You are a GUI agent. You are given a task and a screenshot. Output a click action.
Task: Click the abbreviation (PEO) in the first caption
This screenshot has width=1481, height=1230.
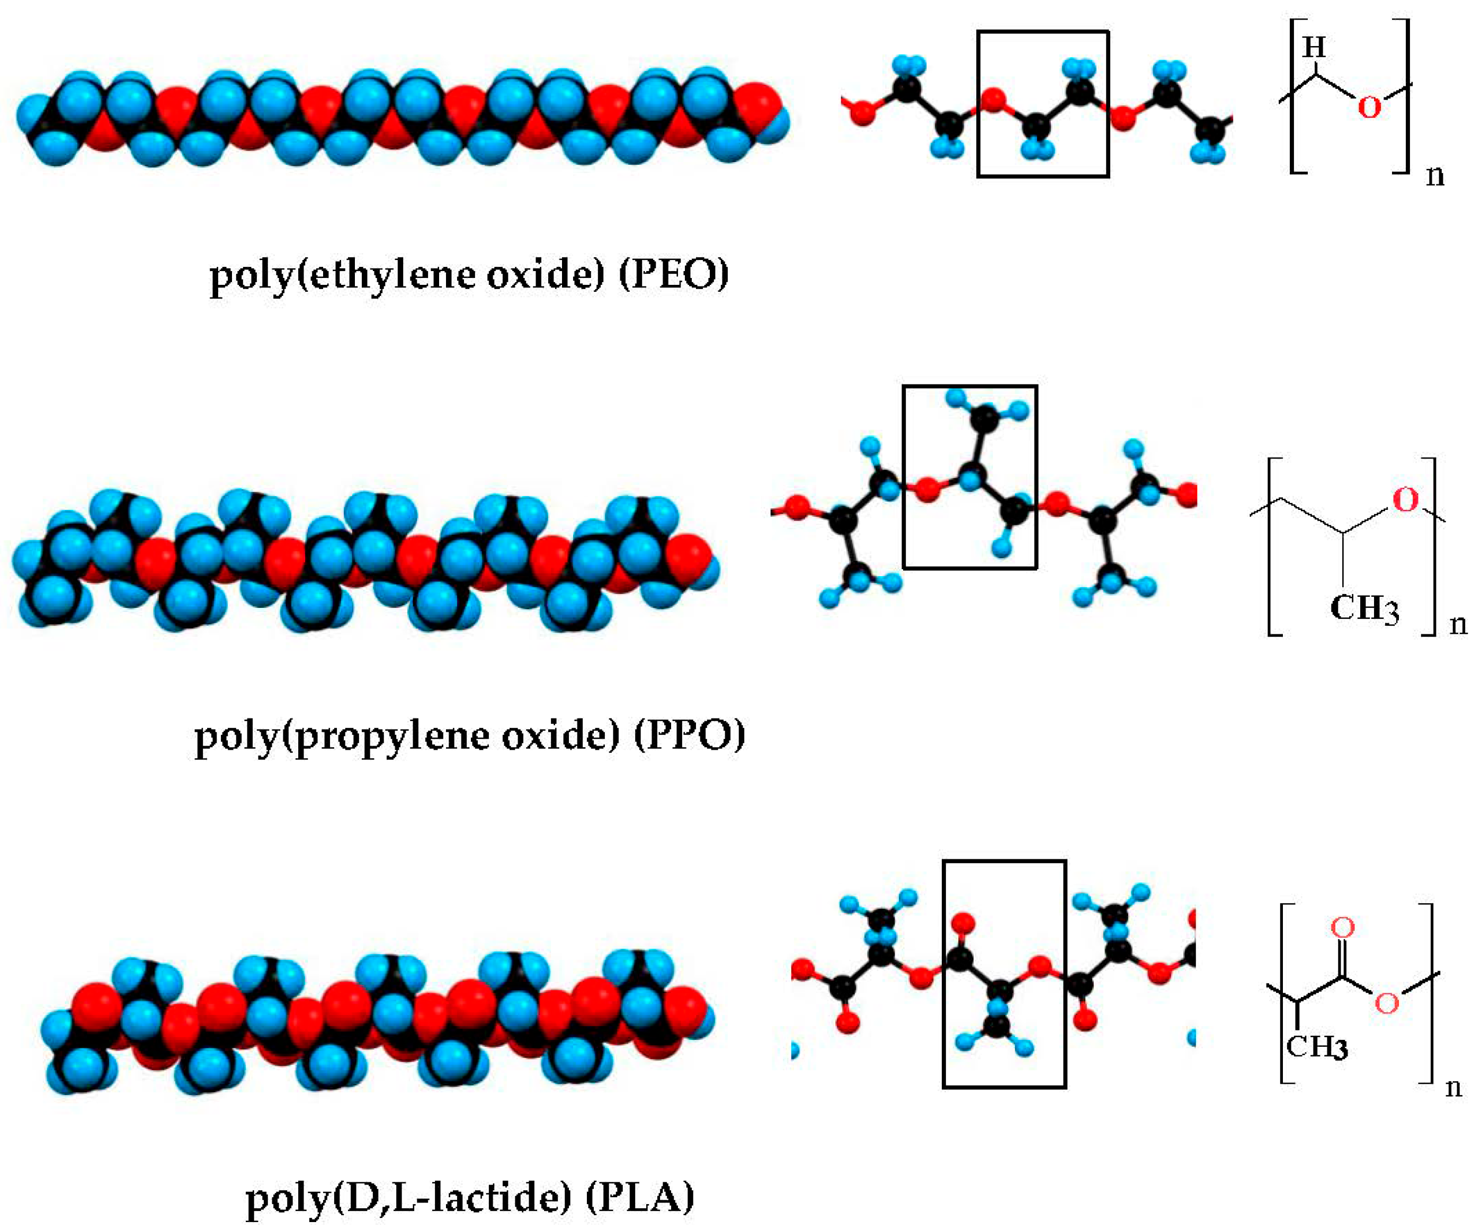click(674, 274)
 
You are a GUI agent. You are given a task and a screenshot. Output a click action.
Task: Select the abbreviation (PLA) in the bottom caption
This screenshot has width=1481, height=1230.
click(640, 1196)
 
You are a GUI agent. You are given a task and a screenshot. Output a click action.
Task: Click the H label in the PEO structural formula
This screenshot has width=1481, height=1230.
click(1314, 48)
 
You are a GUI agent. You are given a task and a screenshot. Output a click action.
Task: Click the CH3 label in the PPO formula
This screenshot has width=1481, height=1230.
click(1364, 608)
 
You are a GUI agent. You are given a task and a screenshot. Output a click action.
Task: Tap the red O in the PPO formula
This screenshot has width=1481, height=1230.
click(1405, 500)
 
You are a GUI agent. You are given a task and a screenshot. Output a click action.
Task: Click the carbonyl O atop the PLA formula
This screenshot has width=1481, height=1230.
click(1342, 928)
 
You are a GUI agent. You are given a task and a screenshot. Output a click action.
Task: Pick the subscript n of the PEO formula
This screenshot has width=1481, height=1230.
click(1435, 175)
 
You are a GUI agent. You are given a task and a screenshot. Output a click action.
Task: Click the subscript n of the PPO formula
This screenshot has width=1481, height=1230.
click(1458, 624)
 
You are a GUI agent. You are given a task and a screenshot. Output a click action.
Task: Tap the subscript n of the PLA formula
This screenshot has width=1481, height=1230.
click(1453, 1088)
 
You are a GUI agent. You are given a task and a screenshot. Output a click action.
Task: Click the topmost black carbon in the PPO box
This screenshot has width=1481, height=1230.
click(985, 419)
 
